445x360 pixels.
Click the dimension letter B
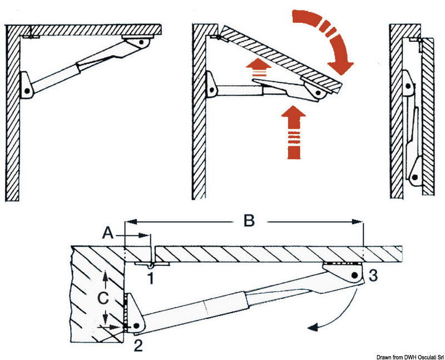tap(249, 221)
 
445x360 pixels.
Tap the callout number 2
tap(139, 345)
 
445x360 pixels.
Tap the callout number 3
tap(373, 274)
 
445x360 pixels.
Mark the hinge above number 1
tap(150, 264)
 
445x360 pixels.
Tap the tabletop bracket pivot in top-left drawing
tap(142, 42)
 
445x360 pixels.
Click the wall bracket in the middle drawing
tap(212, 86)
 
